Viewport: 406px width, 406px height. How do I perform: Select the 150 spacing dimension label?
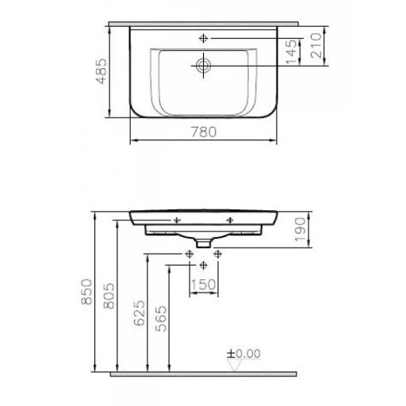tap(204, 285)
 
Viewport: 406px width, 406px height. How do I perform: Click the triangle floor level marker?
tap(232, 363)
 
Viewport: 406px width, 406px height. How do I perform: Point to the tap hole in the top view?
tap(204, 38)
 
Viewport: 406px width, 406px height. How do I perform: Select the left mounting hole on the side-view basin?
tap(177, 219)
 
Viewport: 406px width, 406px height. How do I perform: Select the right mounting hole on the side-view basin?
tap(231, 219)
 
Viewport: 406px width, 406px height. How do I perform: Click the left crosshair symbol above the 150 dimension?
tap(189, 254)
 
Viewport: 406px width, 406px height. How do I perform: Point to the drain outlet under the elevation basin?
tap(204, 239)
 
